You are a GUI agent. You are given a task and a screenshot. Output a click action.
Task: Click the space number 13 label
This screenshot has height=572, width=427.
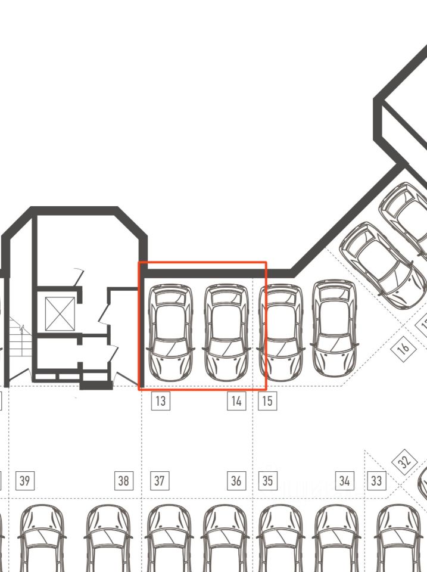pos(160,401)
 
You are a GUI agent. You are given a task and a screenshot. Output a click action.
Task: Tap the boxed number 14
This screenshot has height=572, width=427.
pos(236,401)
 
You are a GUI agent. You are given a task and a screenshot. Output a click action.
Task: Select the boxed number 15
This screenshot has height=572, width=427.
pos(267,401)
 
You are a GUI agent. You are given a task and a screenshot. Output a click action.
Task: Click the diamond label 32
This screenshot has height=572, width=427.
pos(405,462)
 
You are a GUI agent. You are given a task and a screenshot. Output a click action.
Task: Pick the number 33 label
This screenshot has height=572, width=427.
pos(376,480)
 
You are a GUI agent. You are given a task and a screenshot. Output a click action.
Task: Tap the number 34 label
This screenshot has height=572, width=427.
pos(344,480)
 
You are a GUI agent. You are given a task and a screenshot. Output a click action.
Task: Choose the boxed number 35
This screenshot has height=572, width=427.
pos(267,480)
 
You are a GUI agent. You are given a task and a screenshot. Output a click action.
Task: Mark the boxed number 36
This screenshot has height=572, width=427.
pos(236,480)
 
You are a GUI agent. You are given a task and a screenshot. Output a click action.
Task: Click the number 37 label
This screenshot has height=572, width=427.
pos(160,480)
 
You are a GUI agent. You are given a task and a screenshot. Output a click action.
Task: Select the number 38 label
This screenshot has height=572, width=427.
pos(124,480)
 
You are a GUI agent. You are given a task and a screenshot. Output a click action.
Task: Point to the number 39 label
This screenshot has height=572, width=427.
pos(24,480)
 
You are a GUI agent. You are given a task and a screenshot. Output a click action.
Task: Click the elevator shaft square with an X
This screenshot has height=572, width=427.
pos(60,313)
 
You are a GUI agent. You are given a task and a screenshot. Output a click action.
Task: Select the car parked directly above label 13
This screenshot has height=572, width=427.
pos(170,332)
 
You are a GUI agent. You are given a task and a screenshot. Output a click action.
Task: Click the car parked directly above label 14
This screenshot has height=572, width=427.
pos(226,332)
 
